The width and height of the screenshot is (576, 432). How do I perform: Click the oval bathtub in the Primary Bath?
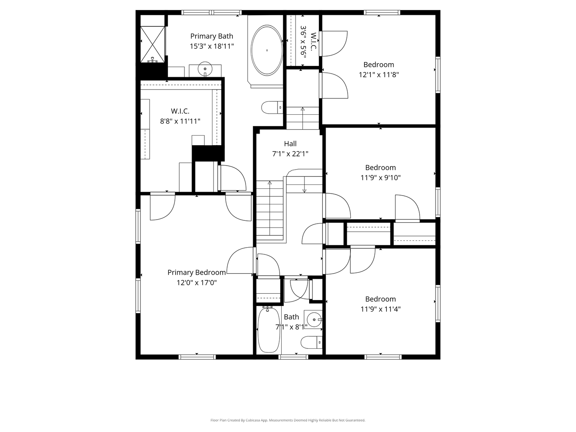pos(267,50)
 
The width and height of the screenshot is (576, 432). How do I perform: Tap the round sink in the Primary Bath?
pos(205,69)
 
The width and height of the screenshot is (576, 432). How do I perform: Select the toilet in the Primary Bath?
pos(272,108)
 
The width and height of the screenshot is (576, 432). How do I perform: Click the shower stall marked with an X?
pos(152,44)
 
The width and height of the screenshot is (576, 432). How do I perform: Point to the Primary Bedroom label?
pos(196,272)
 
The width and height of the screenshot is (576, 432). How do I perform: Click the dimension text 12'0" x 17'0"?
pos(196,283)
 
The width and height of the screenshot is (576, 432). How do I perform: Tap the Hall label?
pos(290,144)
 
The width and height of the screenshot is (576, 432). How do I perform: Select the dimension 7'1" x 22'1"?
pos(290,154)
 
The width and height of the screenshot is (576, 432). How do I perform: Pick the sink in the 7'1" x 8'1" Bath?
pos(313,320)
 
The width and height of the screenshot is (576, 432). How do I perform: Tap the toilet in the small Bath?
pos(311,342)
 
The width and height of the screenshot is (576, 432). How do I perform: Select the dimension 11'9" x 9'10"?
pos(380,178)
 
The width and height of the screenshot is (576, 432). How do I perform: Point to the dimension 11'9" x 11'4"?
pos(380,309)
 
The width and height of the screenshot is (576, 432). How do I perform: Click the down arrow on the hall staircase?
pos(304,185)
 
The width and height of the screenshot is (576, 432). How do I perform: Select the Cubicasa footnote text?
pos(288,420)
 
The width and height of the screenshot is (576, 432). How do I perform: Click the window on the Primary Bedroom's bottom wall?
pos(197,357)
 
